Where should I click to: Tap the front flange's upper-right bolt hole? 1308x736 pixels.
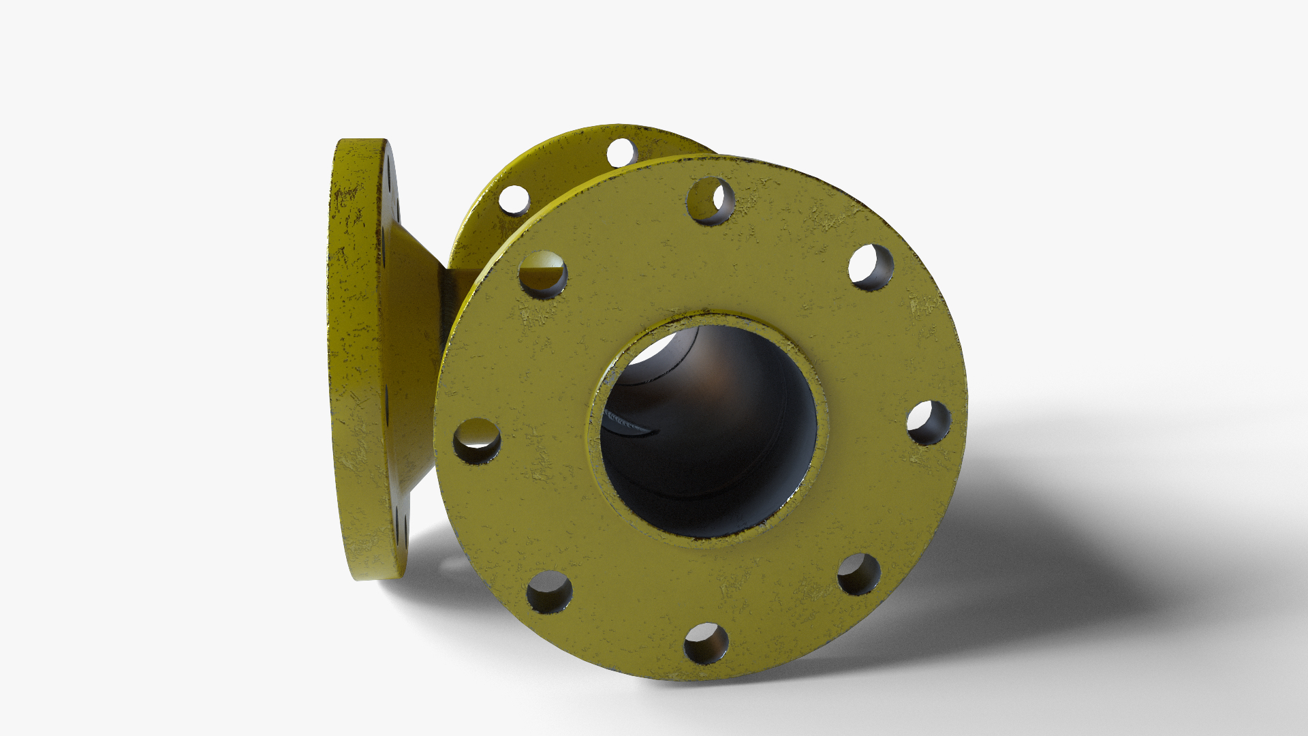pyautogui.click(x=871, y=267)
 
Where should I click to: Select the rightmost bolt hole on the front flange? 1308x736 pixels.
pyautogui.click(x=928, y=423)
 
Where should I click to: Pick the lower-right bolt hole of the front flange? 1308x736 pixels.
pyautogui.click(x=858, y=574)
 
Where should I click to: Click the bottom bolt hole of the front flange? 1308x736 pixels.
pyautogui.click(x=706, y=643)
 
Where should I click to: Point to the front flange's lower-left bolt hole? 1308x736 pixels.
pyautogui.click(x=549, y=592)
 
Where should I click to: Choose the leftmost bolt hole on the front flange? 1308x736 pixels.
pyautogui.click(x=477, y=441)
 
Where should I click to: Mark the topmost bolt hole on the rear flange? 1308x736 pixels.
pyautogui.click(x=621, y=151)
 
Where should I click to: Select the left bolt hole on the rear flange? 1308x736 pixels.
pyautogui.click(x=514, y=198)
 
